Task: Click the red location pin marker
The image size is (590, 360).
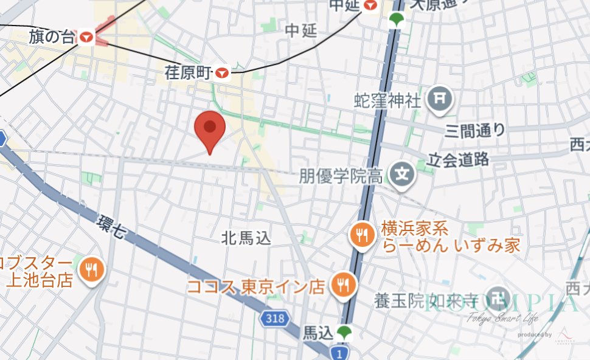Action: click(x=210, y=130)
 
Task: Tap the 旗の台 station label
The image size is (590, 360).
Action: click(x=52, y=37)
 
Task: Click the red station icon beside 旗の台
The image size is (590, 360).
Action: click(x=86, y=37)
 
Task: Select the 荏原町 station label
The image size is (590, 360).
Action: click(x=188, y=73)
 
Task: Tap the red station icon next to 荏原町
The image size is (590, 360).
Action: click(x=223, y=73)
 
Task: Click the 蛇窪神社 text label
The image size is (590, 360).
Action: click(x=387, y=100)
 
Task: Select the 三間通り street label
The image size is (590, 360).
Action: click(x=475, y=130)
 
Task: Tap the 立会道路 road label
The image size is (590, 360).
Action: click(x=459, y=160)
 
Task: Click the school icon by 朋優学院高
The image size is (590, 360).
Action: click(x=401, y=175)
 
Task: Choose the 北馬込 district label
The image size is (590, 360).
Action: click(x=246, y=238)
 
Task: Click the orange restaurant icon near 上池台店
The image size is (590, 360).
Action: click(x=92, y=268)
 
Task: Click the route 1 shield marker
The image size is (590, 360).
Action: click(x=338, y=352)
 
